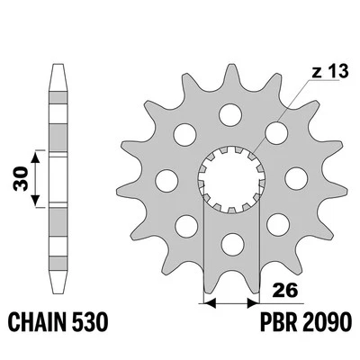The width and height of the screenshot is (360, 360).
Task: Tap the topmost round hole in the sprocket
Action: [233, 114]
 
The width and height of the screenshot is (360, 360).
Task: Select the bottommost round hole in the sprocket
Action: [231, 241]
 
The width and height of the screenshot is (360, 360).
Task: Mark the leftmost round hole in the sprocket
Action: [166, 180]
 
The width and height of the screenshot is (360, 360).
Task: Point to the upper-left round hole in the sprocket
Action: [186, 132]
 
